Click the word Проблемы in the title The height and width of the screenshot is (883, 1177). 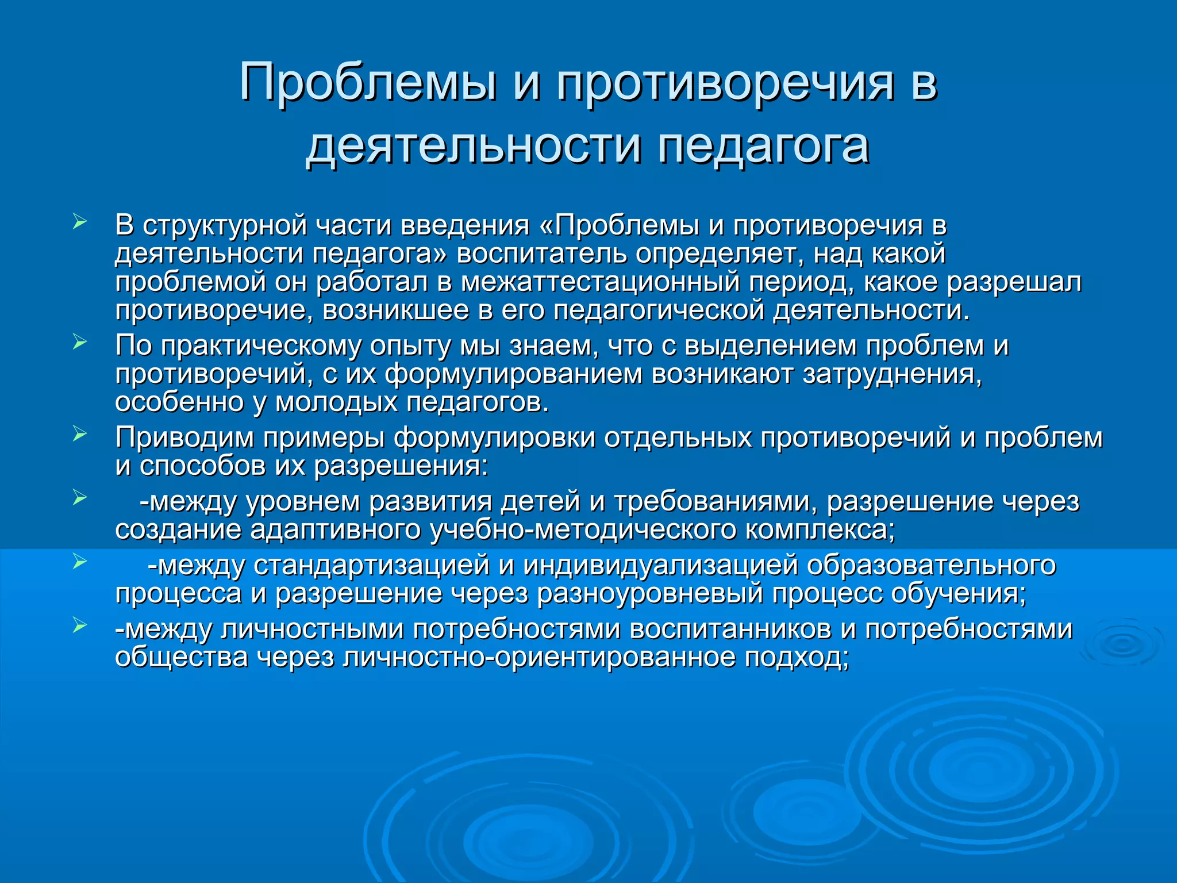368,82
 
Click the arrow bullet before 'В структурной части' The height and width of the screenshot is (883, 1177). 80,221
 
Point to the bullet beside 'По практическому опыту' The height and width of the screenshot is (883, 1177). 80,342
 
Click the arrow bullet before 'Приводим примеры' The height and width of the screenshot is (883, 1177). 80,434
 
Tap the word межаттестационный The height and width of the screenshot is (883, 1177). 601,282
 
